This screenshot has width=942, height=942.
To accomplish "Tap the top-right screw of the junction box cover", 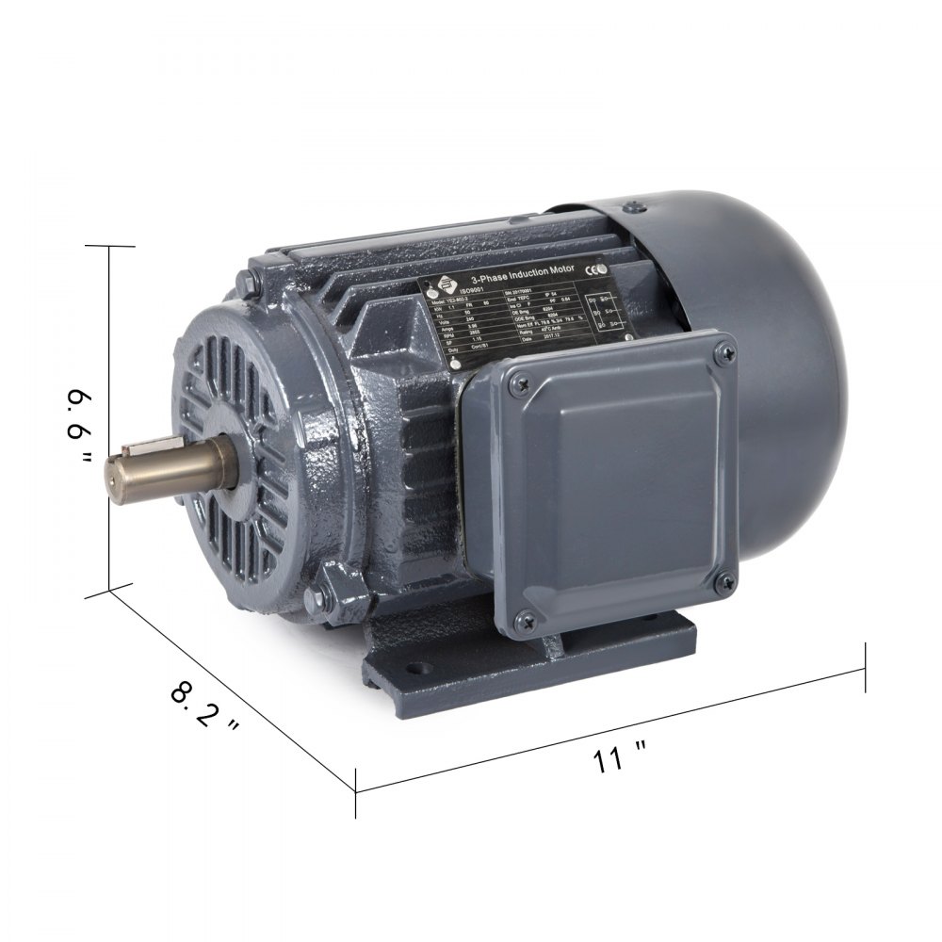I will (x=723, y=353).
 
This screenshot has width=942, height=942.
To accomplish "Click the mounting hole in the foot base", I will (x=414, y=674).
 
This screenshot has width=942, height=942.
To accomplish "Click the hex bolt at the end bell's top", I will (x=247, y=280).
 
